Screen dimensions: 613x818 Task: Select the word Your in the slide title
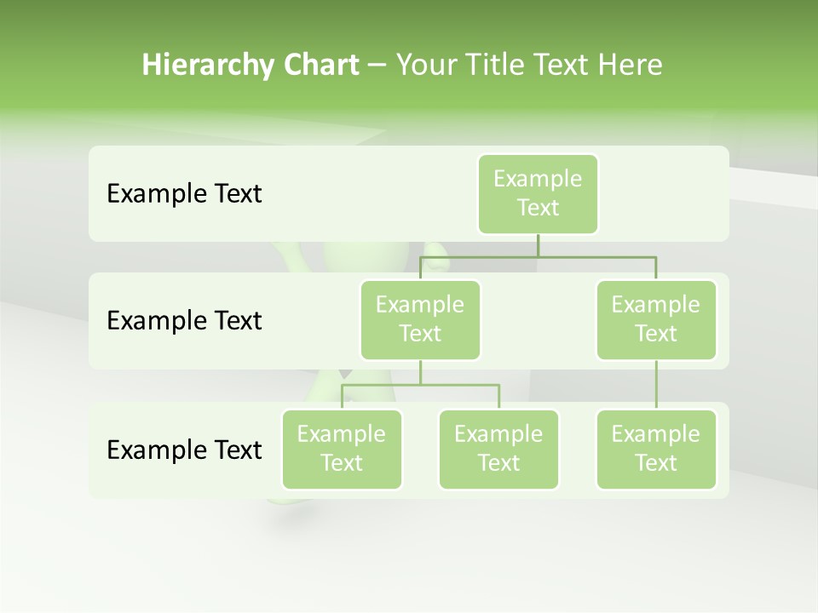coord(426,66)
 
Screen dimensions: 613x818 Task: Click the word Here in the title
coord(631,66)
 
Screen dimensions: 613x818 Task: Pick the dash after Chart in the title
coord(377,66)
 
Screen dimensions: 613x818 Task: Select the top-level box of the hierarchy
coord(538,193)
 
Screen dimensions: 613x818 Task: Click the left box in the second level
coord(420,319)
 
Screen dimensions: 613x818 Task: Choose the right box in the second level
coord(656,319)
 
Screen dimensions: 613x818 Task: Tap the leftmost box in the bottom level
coord(342,449)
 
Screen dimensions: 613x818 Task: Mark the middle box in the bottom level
coord(498,449)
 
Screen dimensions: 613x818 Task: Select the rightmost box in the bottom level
coord(656,449)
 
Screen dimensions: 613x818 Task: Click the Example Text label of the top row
coord(184,194)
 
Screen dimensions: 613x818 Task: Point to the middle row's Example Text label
coord(184,321)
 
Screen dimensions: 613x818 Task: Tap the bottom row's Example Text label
coord(184,450)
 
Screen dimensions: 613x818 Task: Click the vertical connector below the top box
coord(538,245)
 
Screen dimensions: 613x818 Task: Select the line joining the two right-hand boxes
coord(656,385)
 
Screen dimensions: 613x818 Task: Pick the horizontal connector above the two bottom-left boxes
coord(420,385)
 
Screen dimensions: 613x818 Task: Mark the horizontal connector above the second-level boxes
coord(538,256)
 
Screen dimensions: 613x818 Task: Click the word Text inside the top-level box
coord(538,208)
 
